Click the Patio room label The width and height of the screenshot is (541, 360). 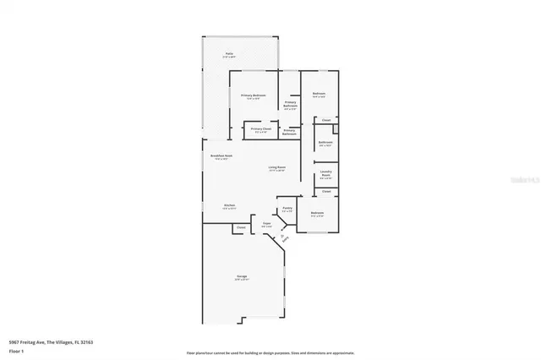(x=229, y=54)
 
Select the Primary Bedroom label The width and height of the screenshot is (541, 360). (x=254, y=95)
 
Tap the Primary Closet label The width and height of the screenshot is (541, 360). (x=260, y=129)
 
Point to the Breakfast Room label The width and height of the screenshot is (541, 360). (x=221, y=155)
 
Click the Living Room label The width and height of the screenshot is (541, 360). (x=276, y=167)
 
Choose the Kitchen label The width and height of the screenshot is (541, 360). (x=229, y=205)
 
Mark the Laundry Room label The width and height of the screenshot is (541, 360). (x=326, y=173)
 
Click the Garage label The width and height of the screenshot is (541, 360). (x=242, y=275)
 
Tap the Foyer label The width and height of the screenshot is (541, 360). (x=266, y=225)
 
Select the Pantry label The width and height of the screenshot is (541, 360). (x=287, y=208)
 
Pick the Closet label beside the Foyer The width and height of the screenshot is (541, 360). (x=240, y=227)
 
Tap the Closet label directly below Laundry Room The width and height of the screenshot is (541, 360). (x=326, y=191)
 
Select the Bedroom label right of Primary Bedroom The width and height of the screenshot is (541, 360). (x=320, y=93)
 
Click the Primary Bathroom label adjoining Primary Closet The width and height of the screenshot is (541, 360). (x=289, y=131)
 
